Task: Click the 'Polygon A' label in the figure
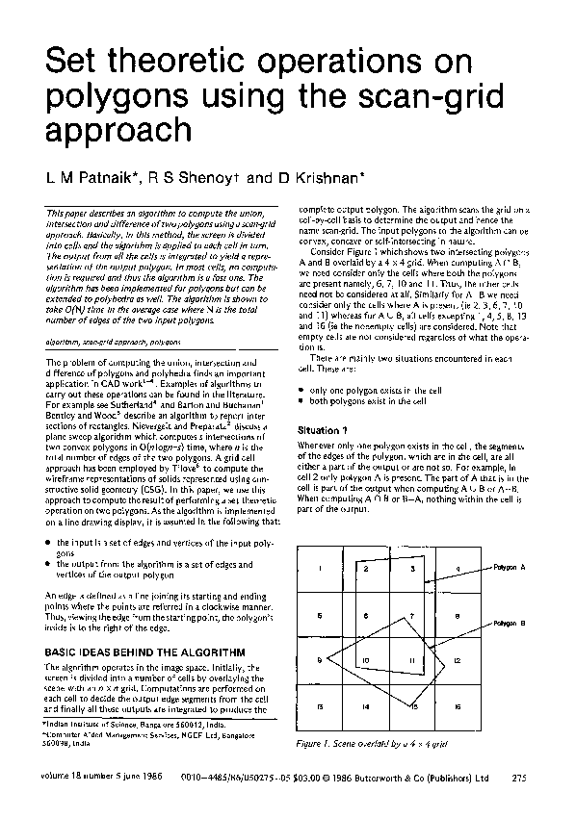[510, 568]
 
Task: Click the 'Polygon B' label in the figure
[510, 624]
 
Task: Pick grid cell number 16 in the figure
[458, 706]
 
